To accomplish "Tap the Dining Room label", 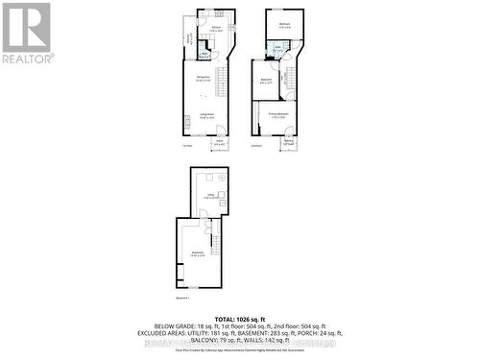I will click(204, 79).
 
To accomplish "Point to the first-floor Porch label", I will click(220, 143).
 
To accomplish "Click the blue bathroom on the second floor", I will click(277, 48).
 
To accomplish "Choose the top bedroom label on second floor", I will click(284, 25).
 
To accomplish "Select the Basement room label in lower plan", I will click(196, 254).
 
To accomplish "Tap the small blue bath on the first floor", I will click(205, 54).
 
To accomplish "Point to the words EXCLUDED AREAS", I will click(169, 332).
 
